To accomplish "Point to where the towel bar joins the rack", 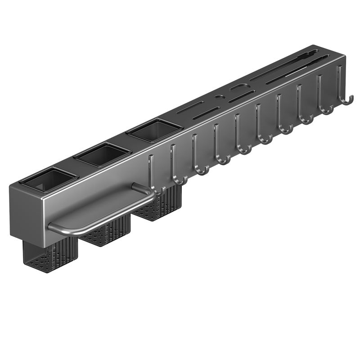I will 135,187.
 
